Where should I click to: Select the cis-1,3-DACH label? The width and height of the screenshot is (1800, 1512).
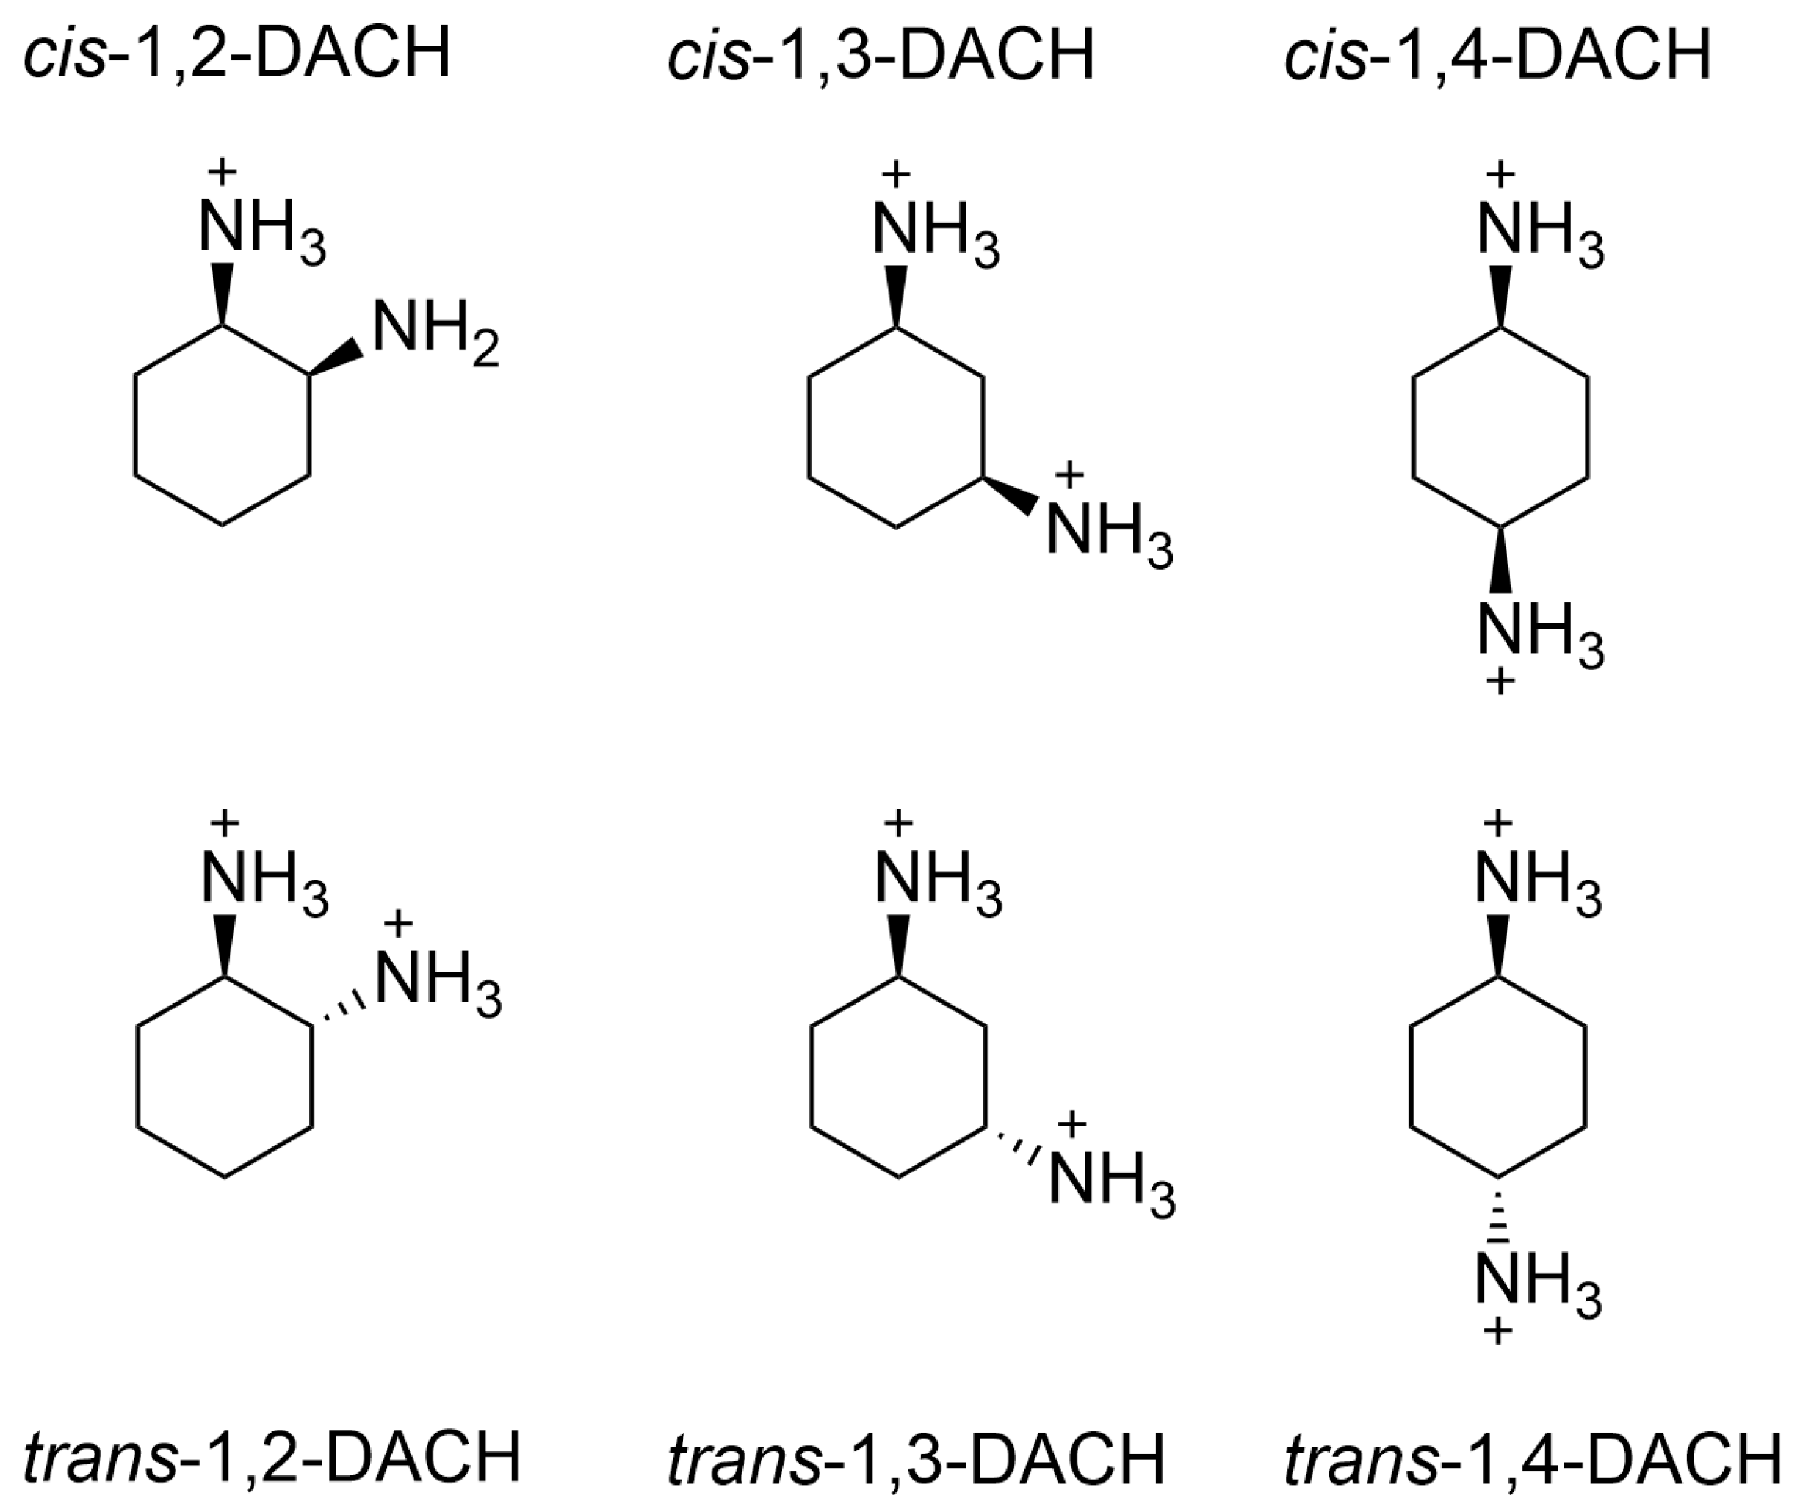click(x=881, y=53)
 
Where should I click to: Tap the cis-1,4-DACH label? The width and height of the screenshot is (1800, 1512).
click(x=1497, y=53)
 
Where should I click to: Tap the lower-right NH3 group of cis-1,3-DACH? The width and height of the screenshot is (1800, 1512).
click(x=1108, y=534)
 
